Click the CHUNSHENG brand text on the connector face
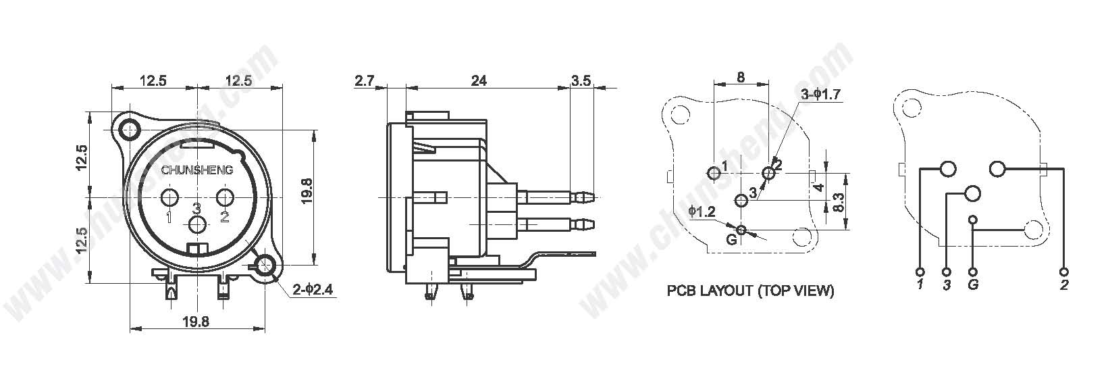(x=197, y=171)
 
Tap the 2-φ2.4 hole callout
(x=313, y=290)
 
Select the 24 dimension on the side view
(x=479, y=80)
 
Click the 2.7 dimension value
(x=364, y=81)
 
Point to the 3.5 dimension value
(x=581, y=80)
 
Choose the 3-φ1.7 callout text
(x=820, y=94)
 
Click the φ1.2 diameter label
(x=702, y=211)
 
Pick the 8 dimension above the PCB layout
(x=741, y=77)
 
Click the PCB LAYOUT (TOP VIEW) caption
(x=750, y=291)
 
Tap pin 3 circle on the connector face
(x=198, y=224)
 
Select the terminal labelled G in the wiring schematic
(x=973, y=272)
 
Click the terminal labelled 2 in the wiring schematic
(x=1064, y=272)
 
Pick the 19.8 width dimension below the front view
(x=196, y=322)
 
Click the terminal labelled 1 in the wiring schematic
(x=921, y=272)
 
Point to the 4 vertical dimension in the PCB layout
(x=819, y=188)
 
